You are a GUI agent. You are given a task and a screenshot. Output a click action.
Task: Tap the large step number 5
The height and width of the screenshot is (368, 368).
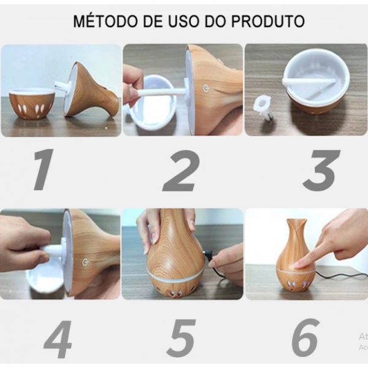click(x=182, y=339)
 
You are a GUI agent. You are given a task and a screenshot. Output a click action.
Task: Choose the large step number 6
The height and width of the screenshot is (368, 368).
click(x=305, y=339)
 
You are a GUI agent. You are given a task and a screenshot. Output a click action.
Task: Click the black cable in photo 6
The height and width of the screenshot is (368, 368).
click(x=343, y=274)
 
